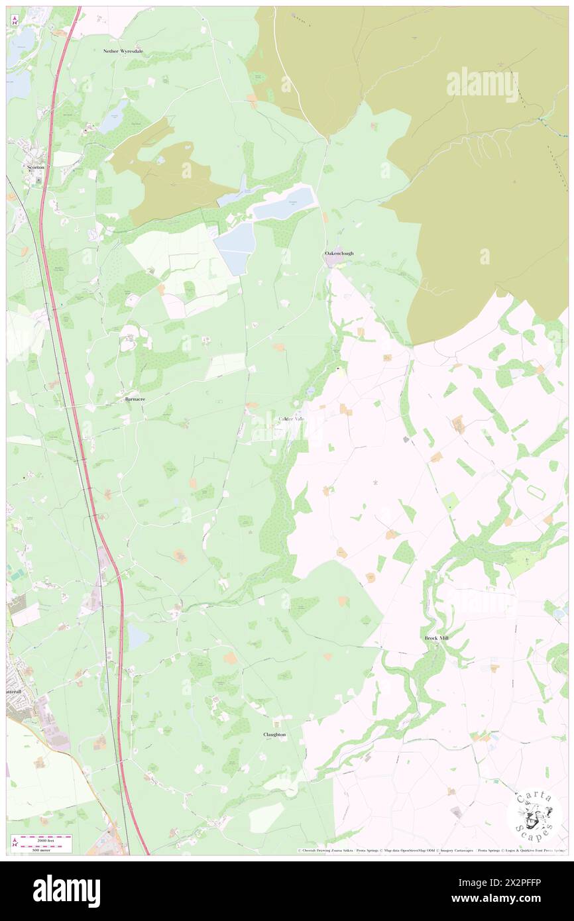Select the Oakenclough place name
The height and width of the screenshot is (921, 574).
[x=339, y=254]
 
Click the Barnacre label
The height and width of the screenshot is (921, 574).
[x=136, y=400]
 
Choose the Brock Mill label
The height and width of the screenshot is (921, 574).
[x=437, y=638]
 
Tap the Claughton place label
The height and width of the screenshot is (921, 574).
[x=274, y=735]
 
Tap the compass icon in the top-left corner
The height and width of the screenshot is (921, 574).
[x=15, y=21]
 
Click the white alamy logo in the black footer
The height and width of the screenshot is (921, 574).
[x=66, y=891]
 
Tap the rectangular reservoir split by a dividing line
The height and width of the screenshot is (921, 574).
[x=235, y=248]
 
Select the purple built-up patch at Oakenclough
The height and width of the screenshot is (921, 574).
[x=333, y=261]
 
